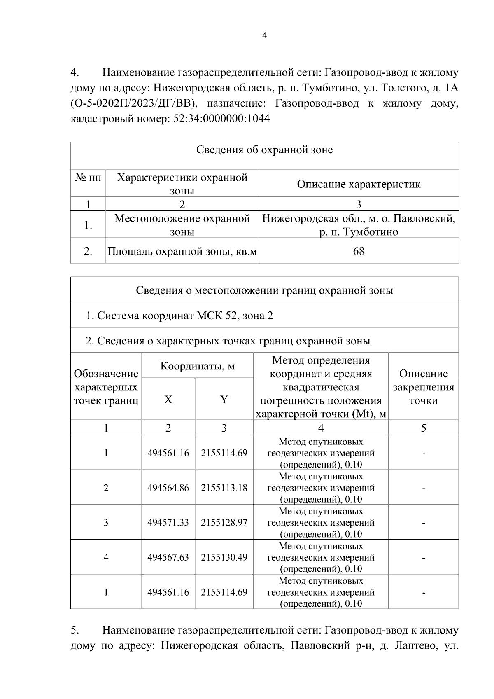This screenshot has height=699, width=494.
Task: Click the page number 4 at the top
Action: [264, 36]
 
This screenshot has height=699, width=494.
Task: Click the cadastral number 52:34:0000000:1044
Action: [219, 119]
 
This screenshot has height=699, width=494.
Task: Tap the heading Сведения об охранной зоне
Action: [264, 150]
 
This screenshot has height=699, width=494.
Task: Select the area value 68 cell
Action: [359, 251]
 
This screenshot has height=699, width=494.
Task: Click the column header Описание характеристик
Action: [359, 184]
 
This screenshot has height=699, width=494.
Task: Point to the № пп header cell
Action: [88, 178]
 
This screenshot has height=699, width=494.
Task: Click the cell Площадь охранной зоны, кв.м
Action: [182, 251]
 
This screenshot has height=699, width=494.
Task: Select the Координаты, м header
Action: [197, 366]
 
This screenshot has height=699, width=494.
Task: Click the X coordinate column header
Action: [168, 400]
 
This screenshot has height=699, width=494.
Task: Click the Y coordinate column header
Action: [224, 400]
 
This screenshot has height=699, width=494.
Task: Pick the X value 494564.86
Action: [168, 488]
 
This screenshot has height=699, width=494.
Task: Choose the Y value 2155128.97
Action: [224, 523]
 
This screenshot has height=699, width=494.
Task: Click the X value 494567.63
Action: [168, 557]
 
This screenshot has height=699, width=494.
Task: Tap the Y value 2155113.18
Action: [224, 488]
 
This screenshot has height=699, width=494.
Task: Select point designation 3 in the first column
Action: [106, 523]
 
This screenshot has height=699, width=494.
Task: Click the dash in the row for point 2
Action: [423, 489]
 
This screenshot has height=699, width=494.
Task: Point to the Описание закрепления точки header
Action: [423, 387]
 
